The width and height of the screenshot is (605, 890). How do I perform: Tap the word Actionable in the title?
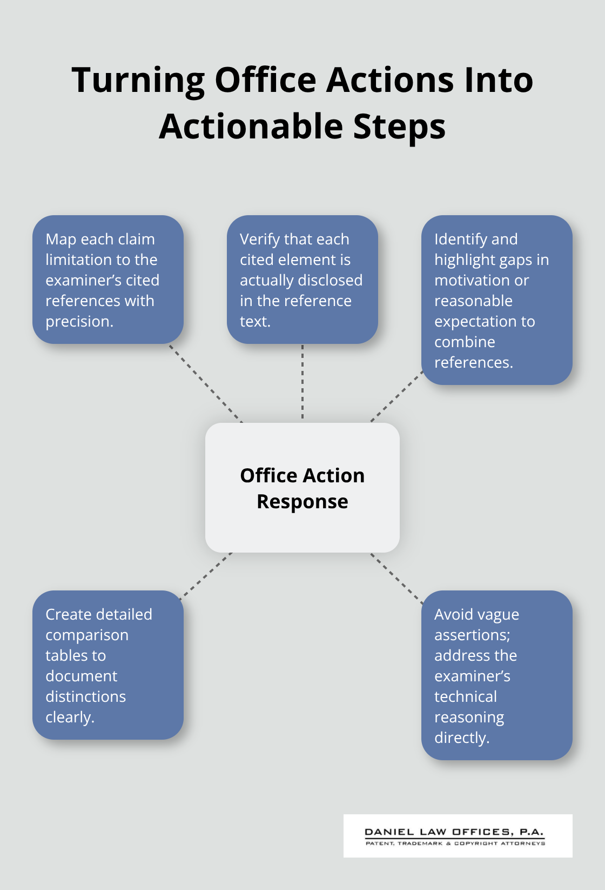tap(251, 127)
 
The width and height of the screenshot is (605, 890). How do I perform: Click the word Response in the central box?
tap(302, 502)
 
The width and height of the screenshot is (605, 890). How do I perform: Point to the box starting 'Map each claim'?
tap(107, 279)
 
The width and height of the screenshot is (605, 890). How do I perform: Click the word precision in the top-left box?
tap(79, 321)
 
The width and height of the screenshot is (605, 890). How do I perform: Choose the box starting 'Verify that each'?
tap(302, 279)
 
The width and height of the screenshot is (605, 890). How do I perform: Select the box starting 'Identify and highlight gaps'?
tap(496, 300)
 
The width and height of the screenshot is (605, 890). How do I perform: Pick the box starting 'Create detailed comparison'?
tap(107, 665)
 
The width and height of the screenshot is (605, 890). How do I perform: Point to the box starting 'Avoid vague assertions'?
tap(496, 675)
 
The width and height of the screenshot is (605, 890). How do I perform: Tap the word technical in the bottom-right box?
tap(465, 696)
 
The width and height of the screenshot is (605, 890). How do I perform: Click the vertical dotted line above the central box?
tap(302, 383)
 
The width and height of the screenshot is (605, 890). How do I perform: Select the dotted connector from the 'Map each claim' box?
tap(205, 383)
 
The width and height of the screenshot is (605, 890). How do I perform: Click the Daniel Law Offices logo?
tap(457, 836)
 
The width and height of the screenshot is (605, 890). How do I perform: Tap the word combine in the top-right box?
tap(465, 342)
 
